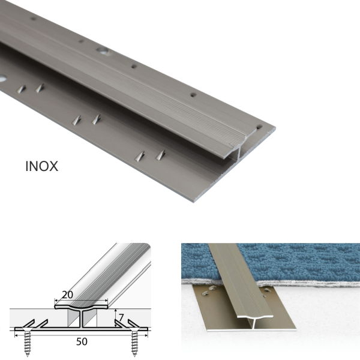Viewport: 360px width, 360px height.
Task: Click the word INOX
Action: click(41, 166)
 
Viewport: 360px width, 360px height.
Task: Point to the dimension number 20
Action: click(67, 295)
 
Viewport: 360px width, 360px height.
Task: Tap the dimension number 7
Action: click(121, 317)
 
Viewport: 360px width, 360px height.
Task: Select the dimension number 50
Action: click(82, 341)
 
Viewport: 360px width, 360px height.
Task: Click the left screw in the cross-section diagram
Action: click(27, 342)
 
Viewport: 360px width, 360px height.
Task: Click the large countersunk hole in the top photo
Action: click(101, 51)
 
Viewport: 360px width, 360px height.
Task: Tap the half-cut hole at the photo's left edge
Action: click(2, 79)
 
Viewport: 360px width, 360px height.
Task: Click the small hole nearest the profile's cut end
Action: click(259, 127)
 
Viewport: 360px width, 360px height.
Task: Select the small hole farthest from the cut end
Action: click(34, 19)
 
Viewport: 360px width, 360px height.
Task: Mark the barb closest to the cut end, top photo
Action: click(160, 155)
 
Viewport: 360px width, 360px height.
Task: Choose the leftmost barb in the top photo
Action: click(21, 89)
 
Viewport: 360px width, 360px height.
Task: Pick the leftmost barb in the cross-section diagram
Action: click(28, 323)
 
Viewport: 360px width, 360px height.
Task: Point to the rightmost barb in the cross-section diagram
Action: click(134, 323)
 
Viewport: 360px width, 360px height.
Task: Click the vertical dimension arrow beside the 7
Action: click(115, 318)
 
